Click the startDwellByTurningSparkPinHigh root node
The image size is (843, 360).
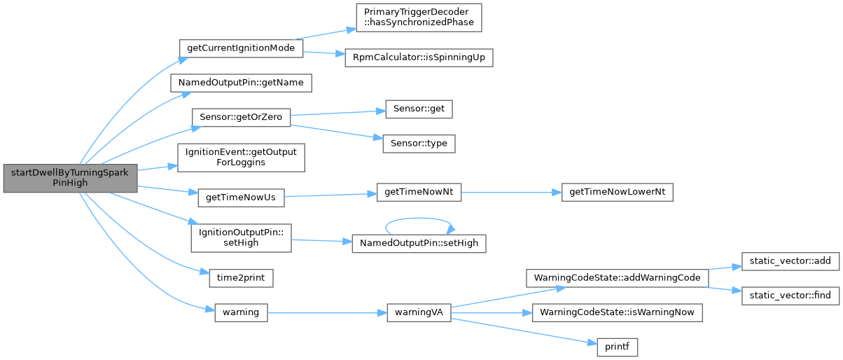coord(69,176)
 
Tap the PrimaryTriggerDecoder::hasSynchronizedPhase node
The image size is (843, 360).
coord(419,17)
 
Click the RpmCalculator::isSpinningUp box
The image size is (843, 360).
coord(419,57)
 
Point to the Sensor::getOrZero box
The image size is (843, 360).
coord(241,118)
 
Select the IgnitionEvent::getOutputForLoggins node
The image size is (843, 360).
coord(241,158)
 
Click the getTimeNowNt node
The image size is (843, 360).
coord(419,193)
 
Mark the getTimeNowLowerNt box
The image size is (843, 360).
coord(617,193)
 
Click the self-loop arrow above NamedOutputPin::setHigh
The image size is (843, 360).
coord(419,218)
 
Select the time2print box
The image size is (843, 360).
coord(241,277)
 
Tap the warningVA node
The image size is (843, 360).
coord(419,312)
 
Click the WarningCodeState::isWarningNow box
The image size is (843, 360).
coord(617,312)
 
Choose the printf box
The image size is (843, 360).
coord(617,346)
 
